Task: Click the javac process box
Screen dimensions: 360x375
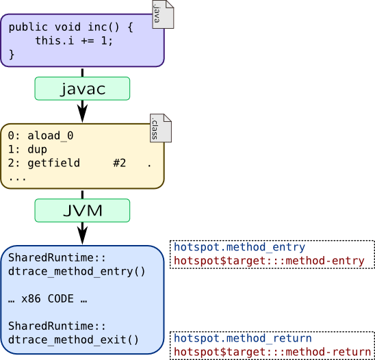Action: pos(82,88)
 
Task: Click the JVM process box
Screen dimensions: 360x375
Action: pos(82,210)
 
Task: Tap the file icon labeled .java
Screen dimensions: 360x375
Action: pos(163,14)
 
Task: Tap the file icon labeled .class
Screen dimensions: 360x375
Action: pos(161,129)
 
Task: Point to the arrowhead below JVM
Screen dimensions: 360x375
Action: pos(82,234)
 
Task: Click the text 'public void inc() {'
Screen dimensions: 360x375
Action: pos(70,28)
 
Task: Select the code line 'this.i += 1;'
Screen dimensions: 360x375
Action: pos(74,41)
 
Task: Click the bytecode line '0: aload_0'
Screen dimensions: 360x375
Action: pos(41,136)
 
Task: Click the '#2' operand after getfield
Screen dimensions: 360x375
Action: pos(120,163)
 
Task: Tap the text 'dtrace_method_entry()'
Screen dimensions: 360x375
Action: pos(77,271)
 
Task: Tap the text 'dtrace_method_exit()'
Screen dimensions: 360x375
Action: pos(73,338)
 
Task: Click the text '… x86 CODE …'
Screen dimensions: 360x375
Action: pos(47,298)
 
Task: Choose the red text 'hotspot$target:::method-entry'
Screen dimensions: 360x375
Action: pos(270,261)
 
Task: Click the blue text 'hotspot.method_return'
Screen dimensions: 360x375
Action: pos(242,338)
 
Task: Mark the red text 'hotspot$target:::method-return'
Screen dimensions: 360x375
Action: pos(272,352)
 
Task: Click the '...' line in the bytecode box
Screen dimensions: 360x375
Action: pos(18,177)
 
